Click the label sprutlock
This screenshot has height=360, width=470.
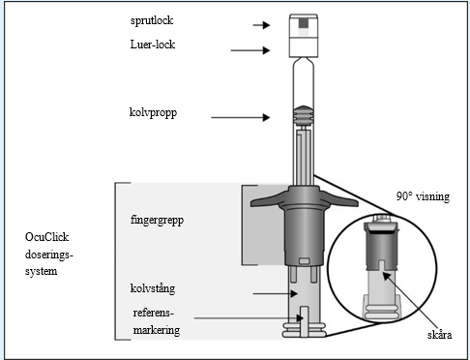tap(152, 20)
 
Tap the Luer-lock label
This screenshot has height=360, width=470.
tap(153, 45)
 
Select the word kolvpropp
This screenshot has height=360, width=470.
tap(153, 113)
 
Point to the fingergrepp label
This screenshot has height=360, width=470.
tap(157, 221)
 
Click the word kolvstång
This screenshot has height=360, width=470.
tap(153, 288)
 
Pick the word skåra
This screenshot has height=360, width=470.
tap(439, 335)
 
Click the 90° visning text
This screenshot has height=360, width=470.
tap(423, 196)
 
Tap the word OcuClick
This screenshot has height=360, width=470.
tap(46, 237)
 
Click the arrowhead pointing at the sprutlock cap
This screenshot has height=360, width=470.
tap(266, 25)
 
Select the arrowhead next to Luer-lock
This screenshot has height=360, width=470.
tap(266, 50)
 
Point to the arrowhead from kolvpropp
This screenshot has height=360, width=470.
tap(266, 117)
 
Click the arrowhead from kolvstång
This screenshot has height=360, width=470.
tap(294, 293)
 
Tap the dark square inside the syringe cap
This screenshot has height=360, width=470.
tap(304, 23)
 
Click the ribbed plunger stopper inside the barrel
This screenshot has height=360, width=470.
tap(303, 115)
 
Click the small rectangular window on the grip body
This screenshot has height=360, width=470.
tap(304, 261)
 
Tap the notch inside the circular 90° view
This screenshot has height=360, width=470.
tap(382, 265)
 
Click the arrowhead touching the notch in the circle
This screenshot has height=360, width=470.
tap(387, 277)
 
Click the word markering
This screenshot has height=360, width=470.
tap(157, 330)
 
